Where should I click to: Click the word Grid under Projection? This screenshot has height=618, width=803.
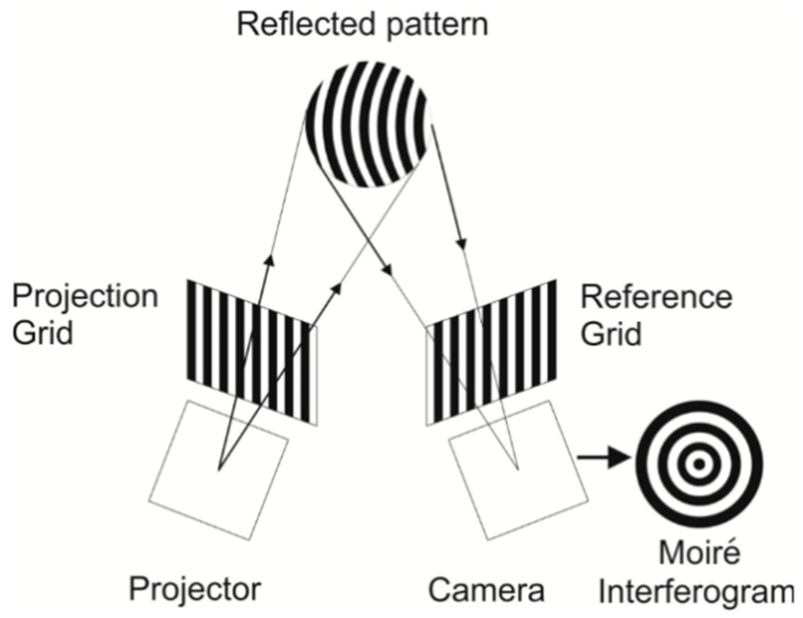(42, 333)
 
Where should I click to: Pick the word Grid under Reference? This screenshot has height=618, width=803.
(611, 333)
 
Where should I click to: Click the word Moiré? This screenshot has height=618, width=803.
(699, 554)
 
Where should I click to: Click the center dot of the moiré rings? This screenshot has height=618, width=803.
(699, 464)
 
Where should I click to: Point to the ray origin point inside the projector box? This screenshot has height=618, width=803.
(220, 470)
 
